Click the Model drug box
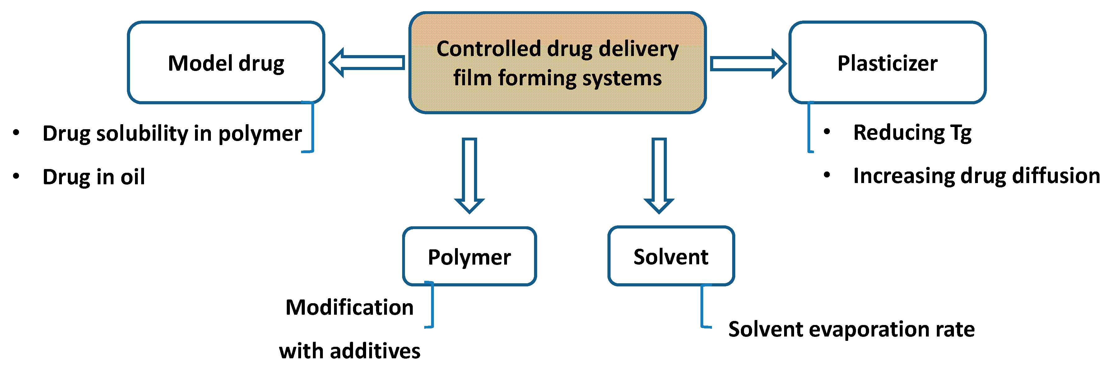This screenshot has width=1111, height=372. tap(226, 63)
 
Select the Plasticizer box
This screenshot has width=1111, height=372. tap(887, 63)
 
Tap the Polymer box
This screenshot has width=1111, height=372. tap(469, 256)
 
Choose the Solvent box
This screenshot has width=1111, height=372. tap(671, 256)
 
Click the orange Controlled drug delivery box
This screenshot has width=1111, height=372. tap(557, 63)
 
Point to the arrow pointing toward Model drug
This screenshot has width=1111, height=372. tap(367, 63)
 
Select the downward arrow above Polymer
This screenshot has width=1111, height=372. tap(469, 175)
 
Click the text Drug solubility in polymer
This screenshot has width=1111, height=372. tap(172, 133)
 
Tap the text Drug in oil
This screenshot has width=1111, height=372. tap(94, 177)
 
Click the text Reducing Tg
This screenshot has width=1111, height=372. tap(912, 133)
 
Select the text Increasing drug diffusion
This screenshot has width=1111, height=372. tap(976, 176)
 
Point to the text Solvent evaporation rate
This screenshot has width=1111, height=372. tap(851, 329)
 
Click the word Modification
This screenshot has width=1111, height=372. tap(349, 307)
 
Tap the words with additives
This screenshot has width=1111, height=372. tap(349, 351)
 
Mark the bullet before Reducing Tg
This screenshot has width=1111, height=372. tap(827, 132)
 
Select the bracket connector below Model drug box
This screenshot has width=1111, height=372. tap(312, 127)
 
